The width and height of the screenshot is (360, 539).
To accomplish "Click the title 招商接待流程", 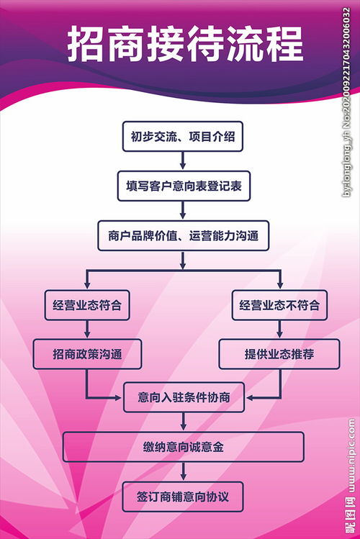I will (x=185, y=45).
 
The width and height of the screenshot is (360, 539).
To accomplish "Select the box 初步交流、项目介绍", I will (x=183, y=136).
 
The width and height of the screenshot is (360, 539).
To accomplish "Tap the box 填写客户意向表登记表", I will (x=183, y=185).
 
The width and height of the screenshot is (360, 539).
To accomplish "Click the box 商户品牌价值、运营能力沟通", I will (x=183, y=235).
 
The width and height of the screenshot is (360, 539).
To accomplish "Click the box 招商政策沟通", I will (x=87, y=354).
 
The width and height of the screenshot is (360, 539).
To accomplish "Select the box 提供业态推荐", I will (x=279, y=354).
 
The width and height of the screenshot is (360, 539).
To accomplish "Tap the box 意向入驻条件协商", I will (x=183, y=397).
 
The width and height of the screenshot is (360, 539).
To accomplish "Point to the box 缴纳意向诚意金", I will (x=183, y=447).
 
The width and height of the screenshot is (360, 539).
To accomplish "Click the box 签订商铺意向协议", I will (x=183, y=497).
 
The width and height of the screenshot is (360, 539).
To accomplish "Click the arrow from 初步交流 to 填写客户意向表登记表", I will (x=183, y=161).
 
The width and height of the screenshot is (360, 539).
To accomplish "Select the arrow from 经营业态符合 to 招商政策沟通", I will (x=87, y=330).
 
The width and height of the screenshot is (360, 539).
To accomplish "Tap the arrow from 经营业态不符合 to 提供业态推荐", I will (x=279, y=330).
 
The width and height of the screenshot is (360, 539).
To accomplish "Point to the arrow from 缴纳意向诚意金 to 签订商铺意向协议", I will (x=183, y=472).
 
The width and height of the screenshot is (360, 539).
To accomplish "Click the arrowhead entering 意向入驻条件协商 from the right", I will (x=248, y=397).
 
